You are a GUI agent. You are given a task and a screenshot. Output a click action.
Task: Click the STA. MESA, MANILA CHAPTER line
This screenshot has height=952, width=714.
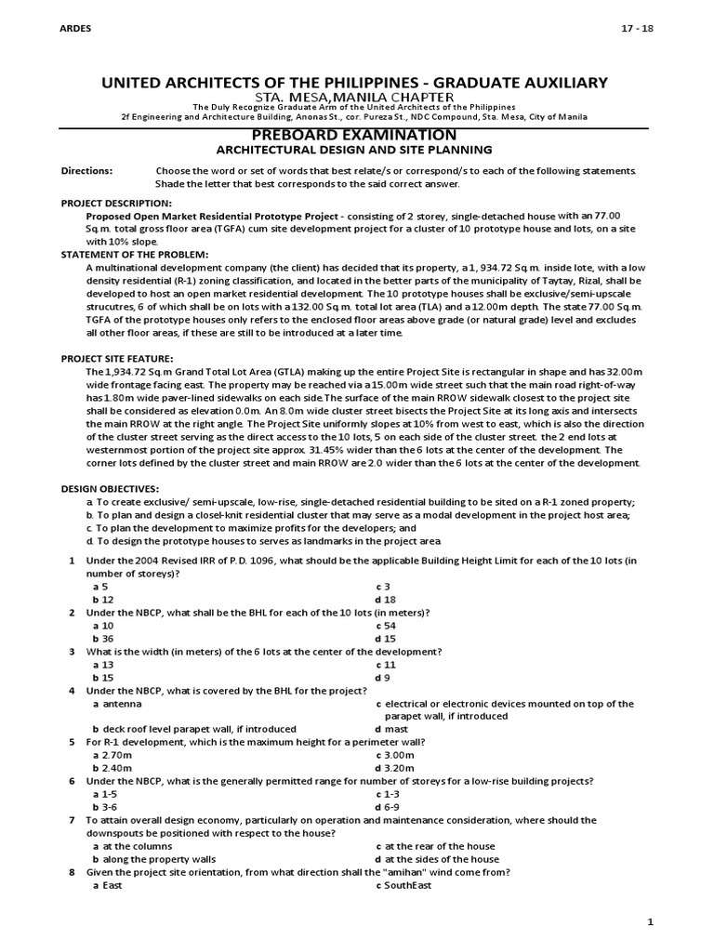(356, 98)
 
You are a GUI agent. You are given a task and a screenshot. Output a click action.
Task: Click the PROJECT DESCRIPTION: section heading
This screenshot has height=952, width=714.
(116, 203)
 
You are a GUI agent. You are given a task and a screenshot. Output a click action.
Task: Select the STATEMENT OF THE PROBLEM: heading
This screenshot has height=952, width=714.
(135, 255)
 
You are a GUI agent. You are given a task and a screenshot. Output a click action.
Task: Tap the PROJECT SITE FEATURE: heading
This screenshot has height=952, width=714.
(117, 358)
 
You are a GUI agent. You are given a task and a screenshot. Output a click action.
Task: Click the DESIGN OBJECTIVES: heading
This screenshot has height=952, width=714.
(110, 488)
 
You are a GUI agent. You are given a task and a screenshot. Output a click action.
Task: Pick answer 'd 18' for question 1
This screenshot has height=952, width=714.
(384, 601)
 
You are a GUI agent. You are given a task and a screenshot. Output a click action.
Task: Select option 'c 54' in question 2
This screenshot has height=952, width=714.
(384, 627)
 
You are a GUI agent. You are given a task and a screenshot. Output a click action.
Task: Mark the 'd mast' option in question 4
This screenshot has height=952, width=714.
(390, 729)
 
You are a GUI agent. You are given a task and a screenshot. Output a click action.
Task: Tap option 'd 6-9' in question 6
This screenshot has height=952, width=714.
(387, 807)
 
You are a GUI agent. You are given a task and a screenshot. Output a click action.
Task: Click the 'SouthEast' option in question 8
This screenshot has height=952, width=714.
(409, 885)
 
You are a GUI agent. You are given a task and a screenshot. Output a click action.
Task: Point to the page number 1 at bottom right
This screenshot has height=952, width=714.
(651, 921)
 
